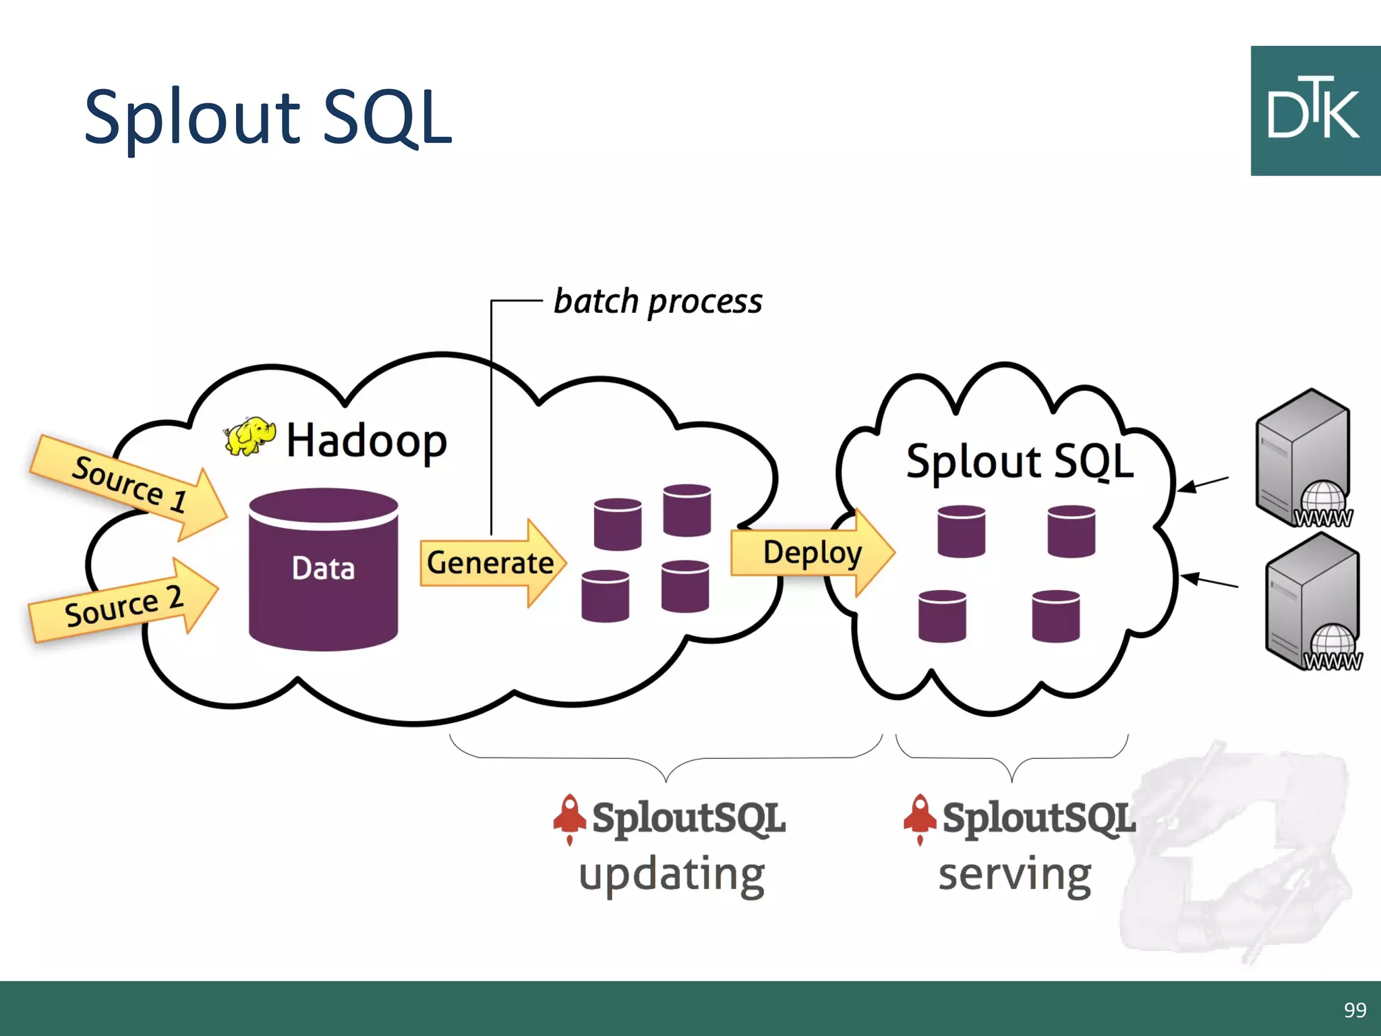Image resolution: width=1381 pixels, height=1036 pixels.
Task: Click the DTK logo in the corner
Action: (1315, 111)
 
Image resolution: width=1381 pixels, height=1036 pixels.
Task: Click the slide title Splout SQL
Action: (268, 118)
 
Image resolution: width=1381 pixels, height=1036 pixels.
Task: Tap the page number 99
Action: (1355, 1010)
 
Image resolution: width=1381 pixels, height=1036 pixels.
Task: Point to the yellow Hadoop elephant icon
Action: (249, 436)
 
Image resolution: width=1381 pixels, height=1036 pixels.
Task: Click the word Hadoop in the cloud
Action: (366, 441)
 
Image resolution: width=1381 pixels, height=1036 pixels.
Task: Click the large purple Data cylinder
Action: (323, 570)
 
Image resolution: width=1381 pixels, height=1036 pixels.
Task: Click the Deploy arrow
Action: (813, 552)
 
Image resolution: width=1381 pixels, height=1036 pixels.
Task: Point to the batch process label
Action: (657, 301)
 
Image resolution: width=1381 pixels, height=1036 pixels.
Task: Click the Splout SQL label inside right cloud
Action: (1020, 462)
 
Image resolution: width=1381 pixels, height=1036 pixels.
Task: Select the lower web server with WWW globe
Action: (1312, 602)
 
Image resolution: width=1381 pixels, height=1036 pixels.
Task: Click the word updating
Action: (672, 875)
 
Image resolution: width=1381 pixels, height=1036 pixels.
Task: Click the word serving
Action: (1014, 875)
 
